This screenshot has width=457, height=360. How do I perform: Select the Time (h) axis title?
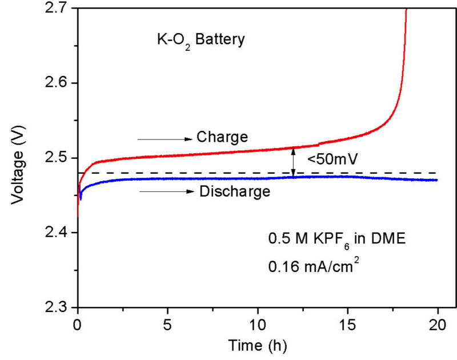pyautogui.click(x=258, y=346)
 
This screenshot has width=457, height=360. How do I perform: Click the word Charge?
pyautogui.click(x=222, y=138)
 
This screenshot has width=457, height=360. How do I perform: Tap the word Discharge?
pyautogui.click(x=234, y=191)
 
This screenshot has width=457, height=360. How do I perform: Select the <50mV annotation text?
pyautogui.click(x=332, y=159)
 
